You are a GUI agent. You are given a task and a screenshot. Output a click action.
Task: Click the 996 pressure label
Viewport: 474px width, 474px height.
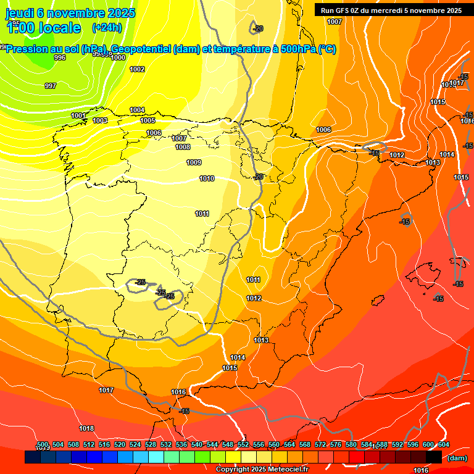[60, 57]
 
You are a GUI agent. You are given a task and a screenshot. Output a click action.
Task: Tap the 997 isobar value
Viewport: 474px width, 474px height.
[51, 86]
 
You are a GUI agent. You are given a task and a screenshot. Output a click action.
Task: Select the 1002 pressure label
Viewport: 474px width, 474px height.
[137, 70]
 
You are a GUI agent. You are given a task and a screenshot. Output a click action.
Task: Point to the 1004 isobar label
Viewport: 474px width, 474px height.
[137, 110]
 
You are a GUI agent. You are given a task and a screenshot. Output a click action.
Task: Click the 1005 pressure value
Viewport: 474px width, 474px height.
[148, 121]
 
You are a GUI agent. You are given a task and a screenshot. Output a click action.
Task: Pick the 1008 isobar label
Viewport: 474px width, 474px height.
[183, 148]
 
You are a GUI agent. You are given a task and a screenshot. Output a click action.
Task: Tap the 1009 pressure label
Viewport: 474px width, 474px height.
[194, 163]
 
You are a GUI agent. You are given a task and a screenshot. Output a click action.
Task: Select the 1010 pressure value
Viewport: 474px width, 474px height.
[207, 179]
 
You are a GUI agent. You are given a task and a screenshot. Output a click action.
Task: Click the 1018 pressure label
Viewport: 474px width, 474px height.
[86, 428]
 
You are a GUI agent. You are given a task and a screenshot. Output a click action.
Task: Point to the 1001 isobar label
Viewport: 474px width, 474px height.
[78, 116]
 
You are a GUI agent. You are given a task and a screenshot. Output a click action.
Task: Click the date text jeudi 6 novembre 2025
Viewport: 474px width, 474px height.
[64, 13]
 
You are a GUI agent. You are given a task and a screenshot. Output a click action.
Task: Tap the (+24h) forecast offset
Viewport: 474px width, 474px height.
[107, 28]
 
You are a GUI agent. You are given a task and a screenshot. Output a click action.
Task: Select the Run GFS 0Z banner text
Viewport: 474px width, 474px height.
[391, 10]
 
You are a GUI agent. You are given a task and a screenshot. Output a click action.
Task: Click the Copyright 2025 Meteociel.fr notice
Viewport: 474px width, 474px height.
[261, 470]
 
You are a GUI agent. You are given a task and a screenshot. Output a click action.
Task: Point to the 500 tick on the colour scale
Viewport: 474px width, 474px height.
[43, 445]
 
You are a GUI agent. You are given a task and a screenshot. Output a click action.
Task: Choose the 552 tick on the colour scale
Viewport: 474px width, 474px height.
[243, 445]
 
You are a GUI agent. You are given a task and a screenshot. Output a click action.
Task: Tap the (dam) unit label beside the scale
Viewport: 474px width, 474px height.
[457, 458]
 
